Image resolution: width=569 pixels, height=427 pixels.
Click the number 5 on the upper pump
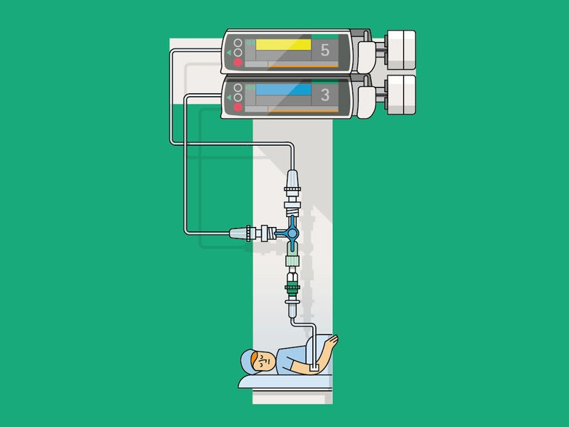(x=325, y=51)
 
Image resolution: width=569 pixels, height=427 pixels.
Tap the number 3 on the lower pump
(x=325, y=95)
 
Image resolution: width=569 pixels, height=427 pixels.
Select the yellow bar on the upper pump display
(x=283, y=45)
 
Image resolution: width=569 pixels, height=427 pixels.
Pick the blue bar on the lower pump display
(x=283, y=90)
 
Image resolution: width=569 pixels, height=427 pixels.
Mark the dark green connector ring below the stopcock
(x=292, y=289)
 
